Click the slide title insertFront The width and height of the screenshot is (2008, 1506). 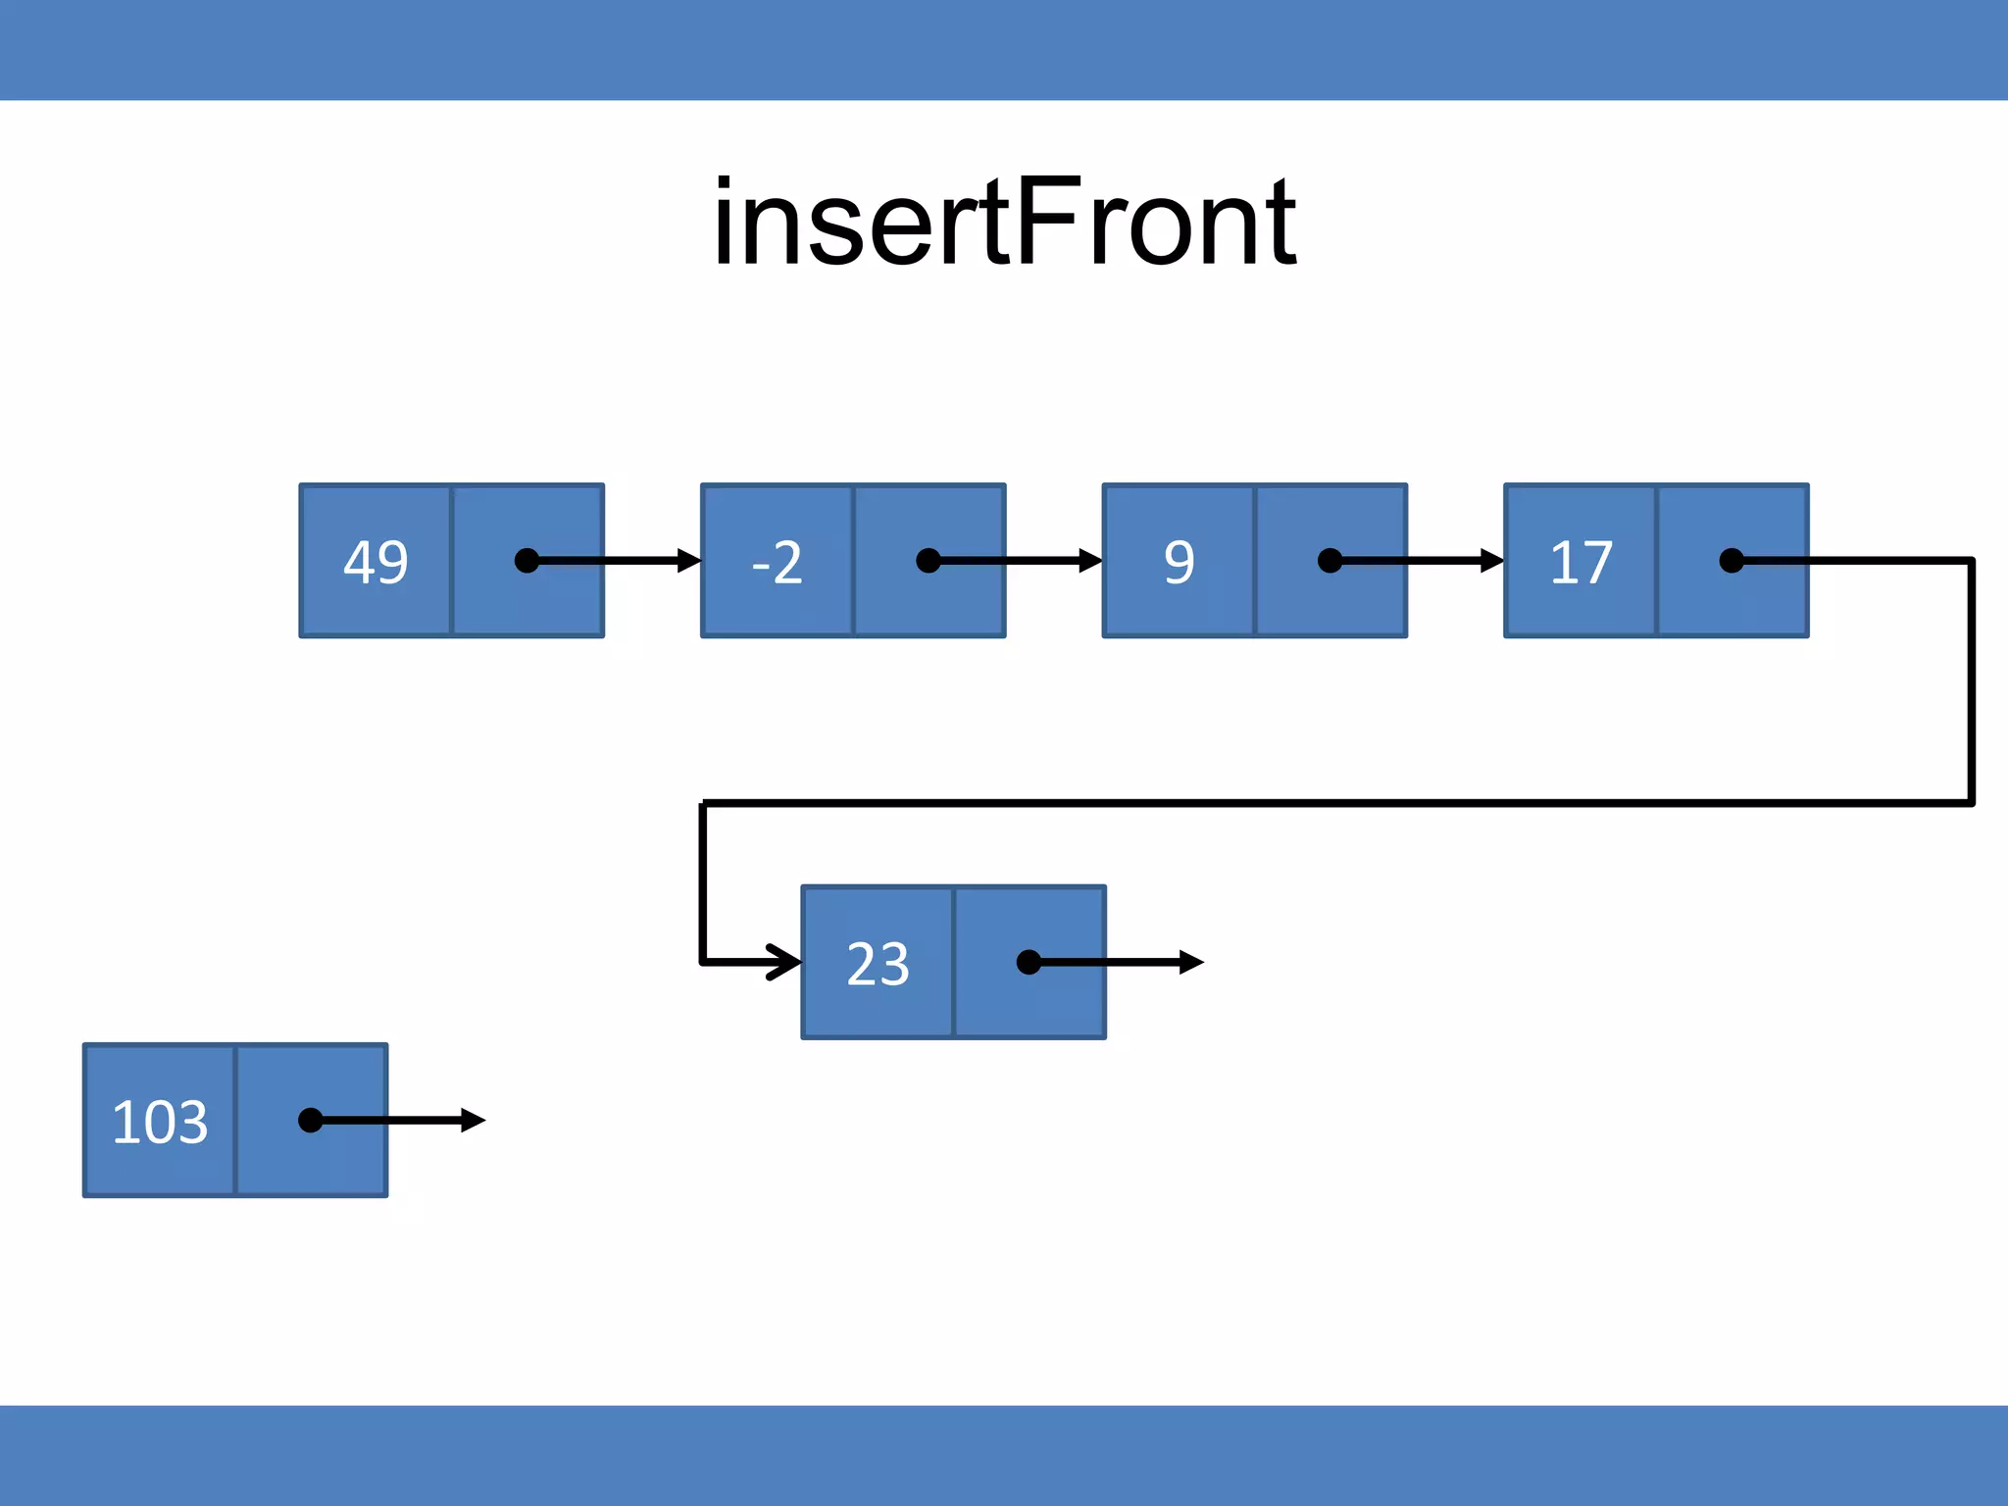[x=1004, y=224]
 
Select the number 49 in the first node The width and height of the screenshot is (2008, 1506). [x=376, y=563]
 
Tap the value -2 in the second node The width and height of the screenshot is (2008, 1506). [x=778, y=563]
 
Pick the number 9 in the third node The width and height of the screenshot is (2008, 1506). [x=1180, y=563]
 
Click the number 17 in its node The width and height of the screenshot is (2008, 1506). [x=1581, y=563]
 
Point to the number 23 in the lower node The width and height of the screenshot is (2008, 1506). [x=878, y=964]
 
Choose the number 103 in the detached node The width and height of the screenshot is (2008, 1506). [x=160, y=1122]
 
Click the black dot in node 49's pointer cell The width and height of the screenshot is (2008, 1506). [x=527, y=561]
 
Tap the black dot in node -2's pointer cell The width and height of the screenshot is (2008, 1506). [x=928, y=561]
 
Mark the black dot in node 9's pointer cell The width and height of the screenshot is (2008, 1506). [x=1330, y=561]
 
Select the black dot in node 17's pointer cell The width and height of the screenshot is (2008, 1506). [x=1732, y=561]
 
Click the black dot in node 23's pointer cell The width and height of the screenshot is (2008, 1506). [x=1029, y=963]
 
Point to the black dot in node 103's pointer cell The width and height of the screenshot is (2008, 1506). [x=310, y=1120]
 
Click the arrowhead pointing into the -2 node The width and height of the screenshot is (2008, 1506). [x=689, y=561]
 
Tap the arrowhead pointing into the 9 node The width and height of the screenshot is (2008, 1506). [x=1090, y=561]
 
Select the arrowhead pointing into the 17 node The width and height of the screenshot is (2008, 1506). [x=1492, y=561]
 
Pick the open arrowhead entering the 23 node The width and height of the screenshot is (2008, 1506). [x=787, y=963]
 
